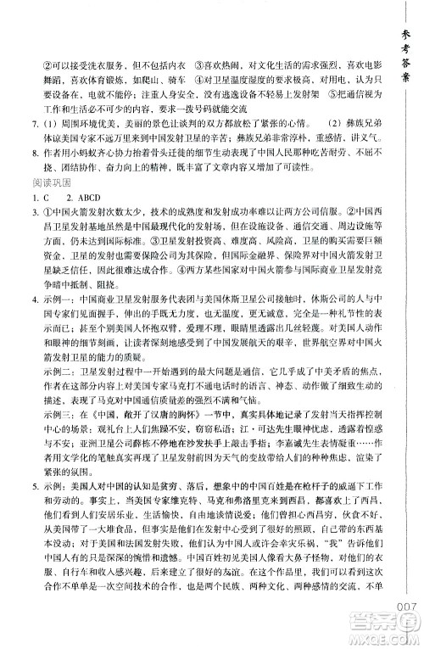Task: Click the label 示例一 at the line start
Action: (52, 277)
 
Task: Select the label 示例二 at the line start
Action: (52, 370)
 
